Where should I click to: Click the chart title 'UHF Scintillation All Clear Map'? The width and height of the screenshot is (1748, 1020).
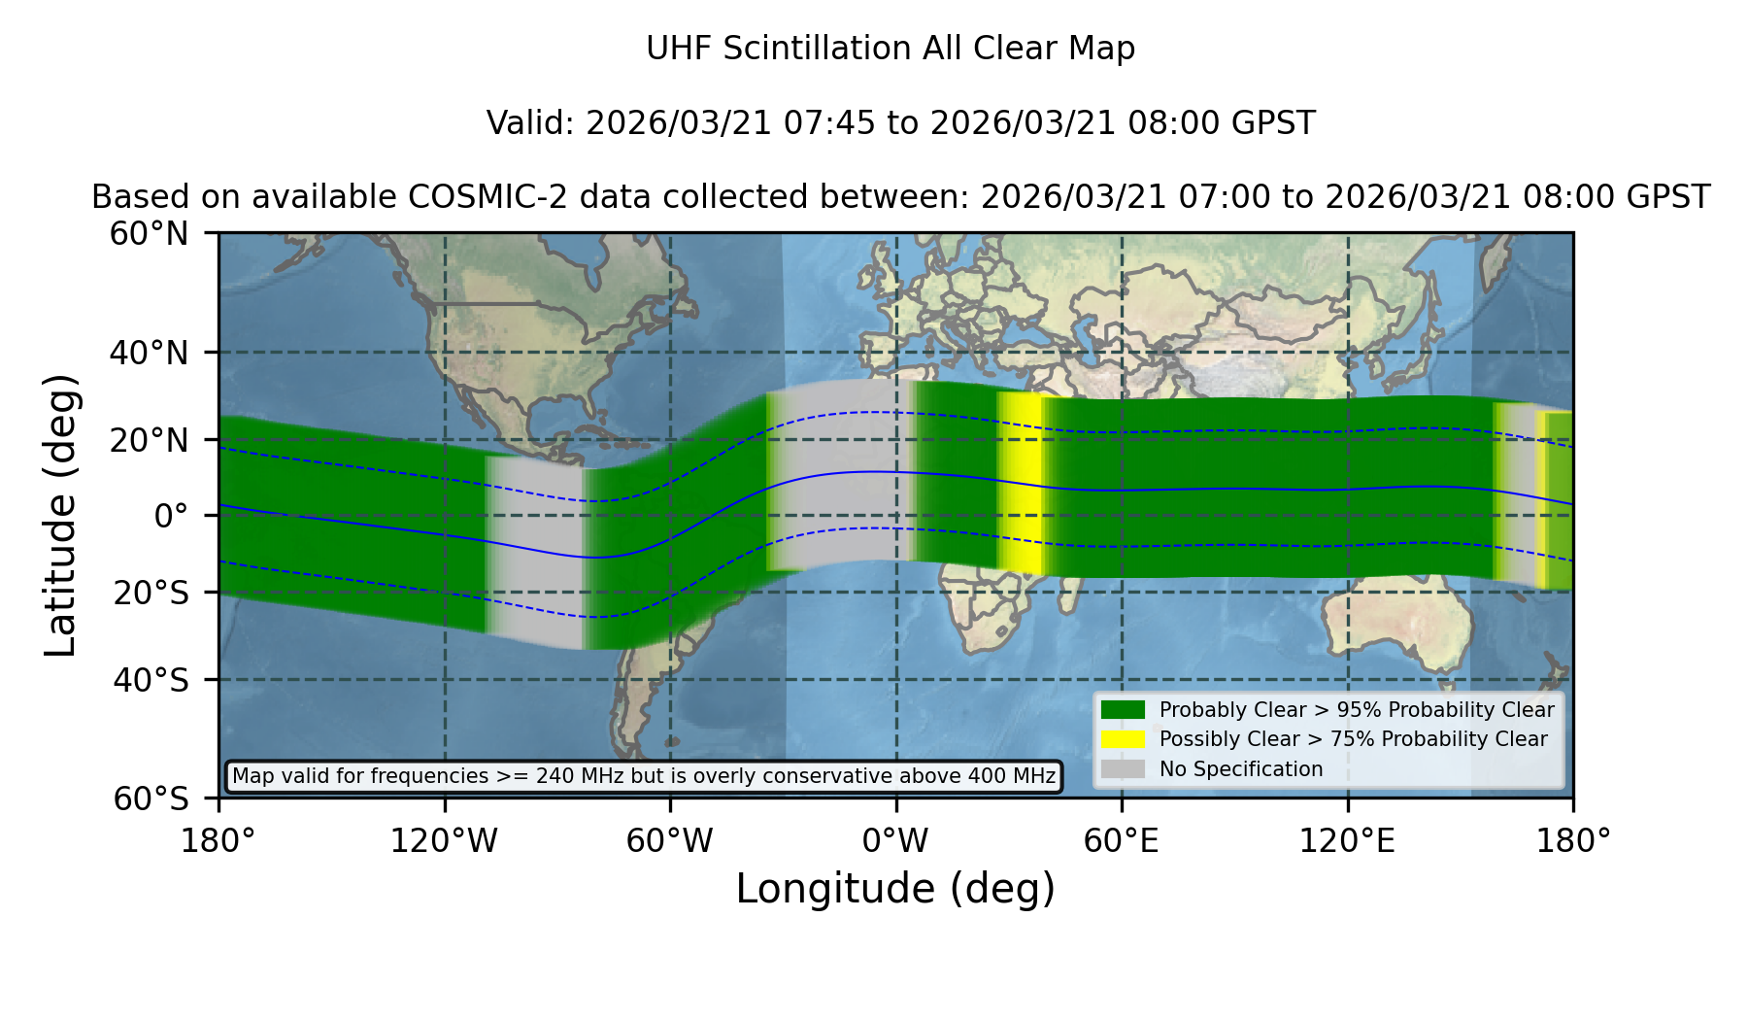coord(891,49)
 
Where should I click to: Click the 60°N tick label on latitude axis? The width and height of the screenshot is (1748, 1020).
coord(149,234)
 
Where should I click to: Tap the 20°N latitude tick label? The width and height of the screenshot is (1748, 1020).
coord(149,440)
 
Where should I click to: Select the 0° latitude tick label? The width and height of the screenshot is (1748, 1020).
coord(171,516)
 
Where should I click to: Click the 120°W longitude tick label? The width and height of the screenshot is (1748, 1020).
coord(444,840)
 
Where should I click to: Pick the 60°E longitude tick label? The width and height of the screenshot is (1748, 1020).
coord(1122,840)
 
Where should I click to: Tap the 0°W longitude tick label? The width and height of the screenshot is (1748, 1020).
coord(895,840)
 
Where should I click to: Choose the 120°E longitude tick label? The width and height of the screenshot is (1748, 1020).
coord(1347,840)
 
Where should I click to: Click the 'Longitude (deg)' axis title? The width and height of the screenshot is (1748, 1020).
coord(895,889)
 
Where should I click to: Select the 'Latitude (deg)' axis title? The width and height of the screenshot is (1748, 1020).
coord(61,515)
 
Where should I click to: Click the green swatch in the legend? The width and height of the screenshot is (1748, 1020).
coord(1123,710)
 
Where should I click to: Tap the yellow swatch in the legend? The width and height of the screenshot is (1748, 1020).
coord(1123,739)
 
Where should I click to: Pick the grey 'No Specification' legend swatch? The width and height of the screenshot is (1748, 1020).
coord(1123,769)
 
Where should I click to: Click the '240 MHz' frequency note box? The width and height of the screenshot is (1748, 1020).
coord(644,776)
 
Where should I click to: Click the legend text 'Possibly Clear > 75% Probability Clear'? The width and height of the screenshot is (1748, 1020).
coord(1353,739)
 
